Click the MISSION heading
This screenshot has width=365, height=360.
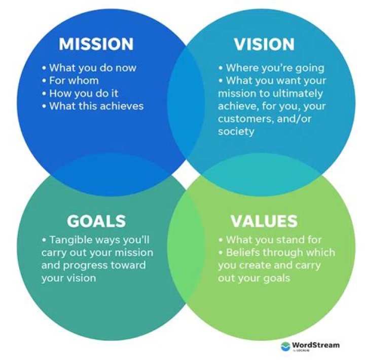coord(96,44)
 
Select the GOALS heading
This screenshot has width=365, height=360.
coord(96,221)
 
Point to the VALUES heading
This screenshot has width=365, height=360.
coord(264,221)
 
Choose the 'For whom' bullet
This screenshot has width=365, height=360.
coord(74,80)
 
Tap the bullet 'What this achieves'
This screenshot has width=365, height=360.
coord(96,106)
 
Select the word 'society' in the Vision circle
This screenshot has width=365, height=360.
coord(236,131)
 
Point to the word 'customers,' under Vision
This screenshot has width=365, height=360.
coord(243,118)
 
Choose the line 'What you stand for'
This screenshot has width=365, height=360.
coord(274,239)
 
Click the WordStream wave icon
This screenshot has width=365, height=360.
coord(285,346)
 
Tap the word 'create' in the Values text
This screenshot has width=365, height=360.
coord(256,265)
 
